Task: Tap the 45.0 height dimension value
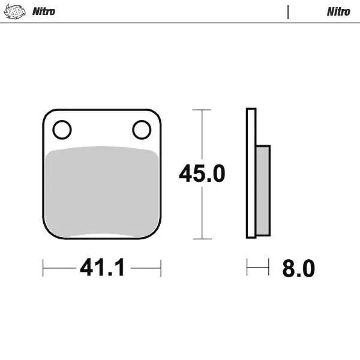pyautogui.click(x=202, y=173)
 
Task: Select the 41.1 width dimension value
pyautogui.click(x=103, y=267)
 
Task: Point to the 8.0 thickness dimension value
pyautogui.click(x=298, y=268)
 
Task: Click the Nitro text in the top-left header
pyautogui.click(x=44, y=11)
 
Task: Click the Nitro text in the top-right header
pyautogui.click(x=338, y=12)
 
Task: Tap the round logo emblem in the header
pyautogui.click(x=14, y=11)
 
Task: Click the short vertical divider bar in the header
pyautogui.click(x=288, y=12)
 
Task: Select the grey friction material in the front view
pyautogui.click(x=102, y=191)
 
